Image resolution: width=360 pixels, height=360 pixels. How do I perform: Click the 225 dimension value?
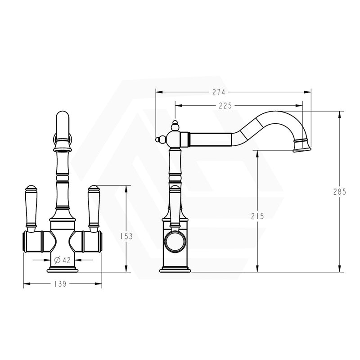click(x=225, y=106)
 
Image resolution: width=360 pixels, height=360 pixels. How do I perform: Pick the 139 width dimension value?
click(x=60, y=284)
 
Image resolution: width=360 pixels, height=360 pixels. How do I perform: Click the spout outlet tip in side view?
click(x=302, y=145)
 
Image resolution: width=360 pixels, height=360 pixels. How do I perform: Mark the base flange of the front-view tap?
click(x=63, y=269)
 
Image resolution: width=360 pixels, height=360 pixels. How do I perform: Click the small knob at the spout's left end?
click(x=159, y=139)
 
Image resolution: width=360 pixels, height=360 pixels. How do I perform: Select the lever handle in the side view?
click(x=175, y=202)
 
